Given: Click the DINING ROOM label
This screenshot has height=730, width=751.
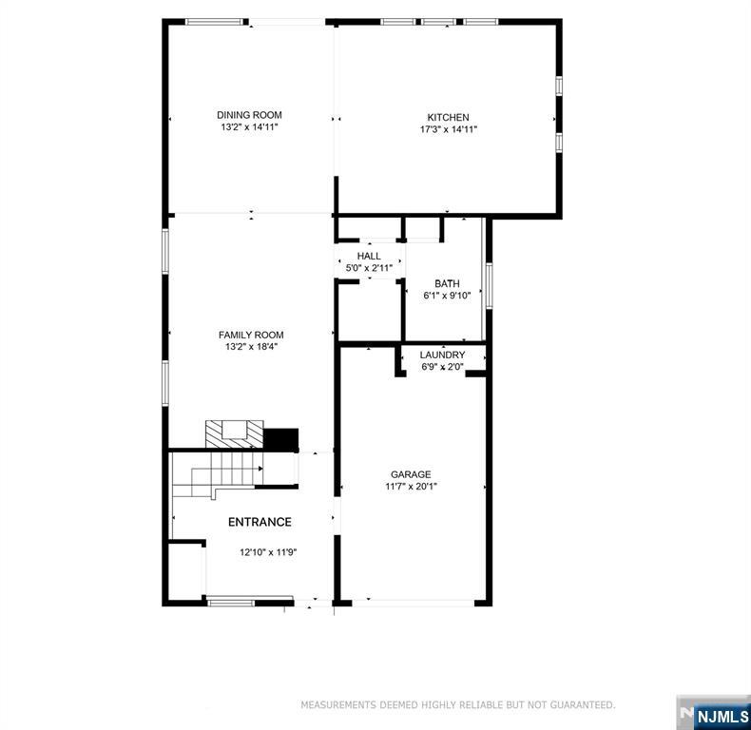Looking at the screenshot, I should (x=249, y=115).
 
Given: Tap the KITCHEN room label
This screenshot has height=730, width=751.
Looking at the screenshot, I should (x=448, y=117).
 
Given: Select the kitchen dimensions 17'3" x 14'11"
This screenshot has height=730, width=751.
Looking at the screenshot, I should (x=448, y=129).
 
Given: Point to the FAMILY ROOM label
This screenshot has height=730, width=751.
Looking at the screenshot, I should (x=251, y=335).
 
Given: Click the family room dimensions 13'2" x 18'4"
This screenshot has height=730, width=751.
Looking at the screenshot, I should (x=251, y=347).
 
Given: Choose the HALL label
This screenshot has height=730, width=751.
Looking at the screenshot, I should (x=369, y=257).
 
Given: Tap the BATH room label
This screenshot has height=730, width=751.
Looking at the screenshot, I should (x=447, y=283).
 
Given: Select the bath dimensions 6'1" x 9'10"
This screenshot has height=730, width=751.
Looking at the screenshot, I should (x=447, y=296).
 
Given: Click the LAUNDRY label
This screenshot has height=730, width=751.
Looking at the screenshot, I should (x=442, y=355).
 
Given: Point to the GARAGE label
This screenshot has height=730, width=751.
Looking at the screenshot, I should (x=411, y=474).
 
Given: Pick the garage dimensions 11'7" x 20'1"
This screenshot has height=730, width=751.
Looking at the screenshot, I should (x=411, y=487).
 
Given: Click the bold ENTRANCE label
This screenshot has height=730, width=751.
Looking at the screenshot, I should (x=260, y=522).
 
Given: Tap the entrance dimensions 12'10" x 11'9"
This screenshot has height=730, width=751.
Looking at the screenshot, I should (x=268, y=552).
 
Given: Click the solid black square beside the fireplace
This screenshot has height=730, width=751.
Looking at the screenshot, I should (x=280, y=439).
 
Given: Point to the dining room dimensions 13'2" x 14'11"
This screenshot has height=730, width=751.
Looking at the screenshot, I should (x=249, y=127).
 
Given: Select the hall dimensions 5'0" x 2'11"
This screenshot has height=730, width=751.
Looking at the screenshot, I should (x=369, y=269).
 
